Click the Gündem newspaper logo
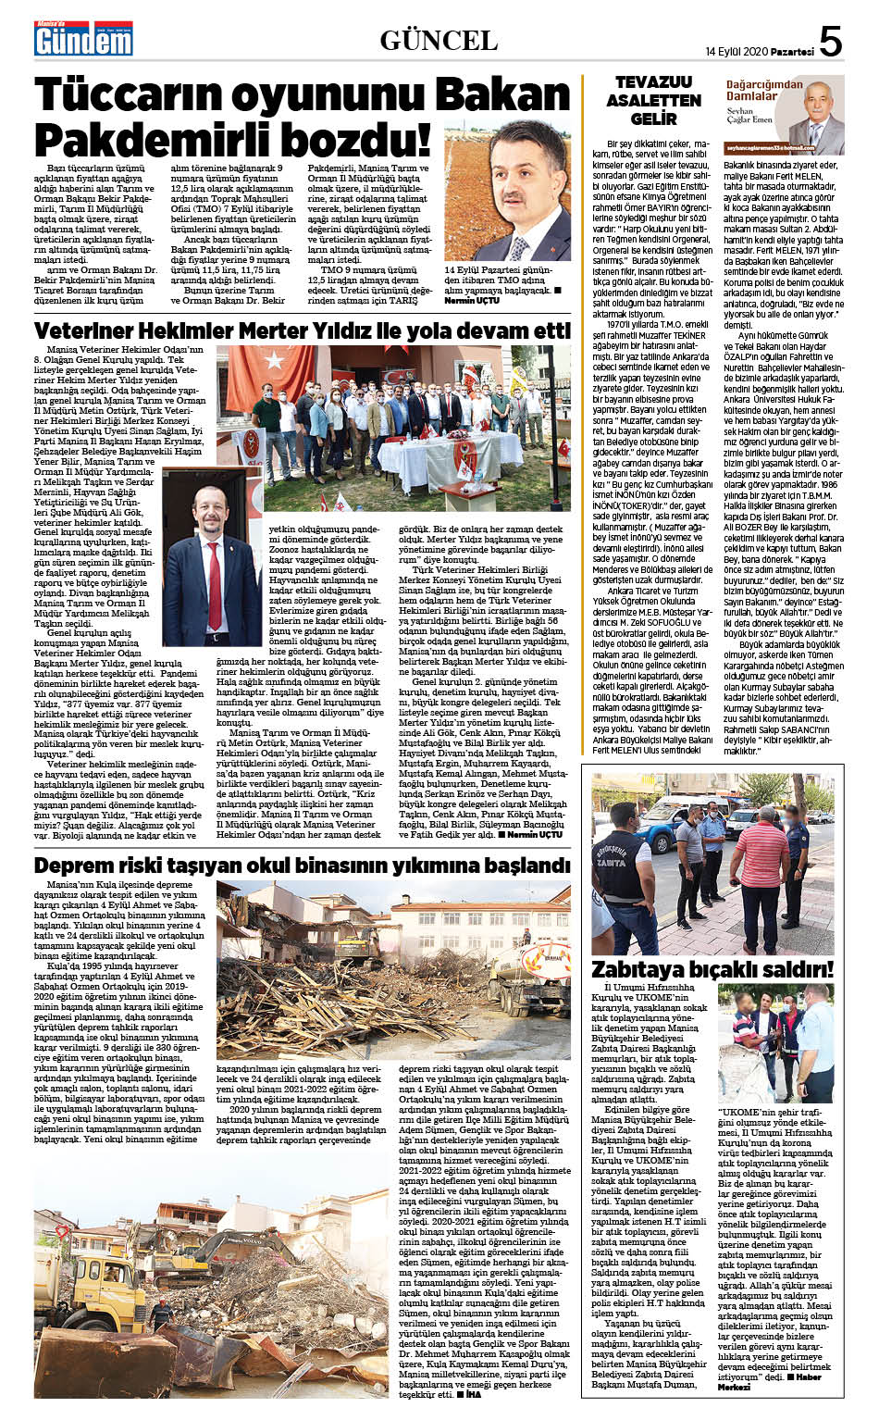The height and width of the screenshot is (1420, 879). click(83, 39)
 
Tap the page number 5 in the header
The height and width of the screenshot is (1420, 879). click(830, 41)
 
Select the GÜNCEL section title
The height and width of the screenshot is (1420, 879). click(439, 40)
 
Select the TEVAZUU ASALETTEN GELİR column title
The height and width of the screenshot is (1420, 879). click(653, 101)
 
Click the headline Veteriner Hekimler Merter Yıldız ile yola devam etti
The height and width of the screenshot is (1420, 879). click(302, 330)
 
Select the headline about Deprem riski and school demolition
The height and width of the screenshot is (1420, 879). click(302, 865)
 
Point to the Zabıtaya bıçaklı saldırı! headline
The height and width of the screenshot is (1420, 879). click(712, 969)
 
